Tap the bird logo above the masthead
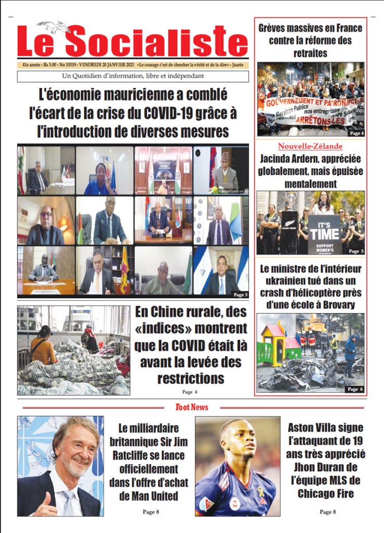[54, 27]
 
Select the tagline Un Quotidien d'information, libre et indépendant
[132, 76]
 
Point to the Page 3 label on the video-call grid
[241, 295]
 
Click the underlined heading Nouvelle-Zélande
[310, 146]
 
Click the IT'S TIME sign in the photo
[324, 231]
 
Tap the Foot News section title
[192, 407]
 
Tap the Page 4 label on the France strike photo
[356, 133]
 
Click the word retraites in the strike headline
[309, 53]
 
